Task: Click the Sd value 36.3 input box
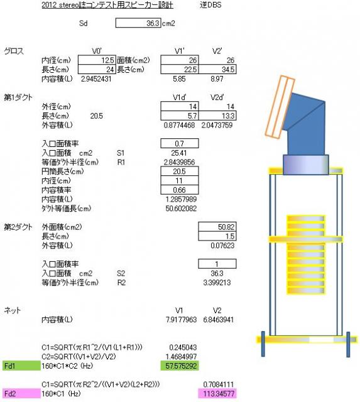[138, 23]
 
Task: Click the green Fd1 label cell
[21, 366]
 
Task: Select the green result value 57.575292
[180, 366]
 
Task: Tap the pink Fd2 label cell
[21, 393]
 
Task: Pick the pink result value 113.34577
[217, 393]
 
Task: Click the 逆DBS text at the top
[210, 5]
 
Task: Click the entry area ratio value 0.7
[180, 143]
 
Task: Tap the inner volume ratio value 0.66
[180, 190]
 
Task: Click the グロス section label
[14, 51]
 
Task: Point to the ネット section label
[12, 310]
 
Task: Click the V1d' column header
[180, 97]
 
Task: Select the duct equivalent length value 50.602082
[181, 209]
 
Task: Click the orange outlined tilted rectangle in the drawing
[280, 107]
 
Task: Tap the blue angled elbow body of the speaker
[307, 123]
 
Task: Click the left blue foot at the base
[263, 344]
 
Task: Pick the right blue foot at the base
[348, 344]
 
